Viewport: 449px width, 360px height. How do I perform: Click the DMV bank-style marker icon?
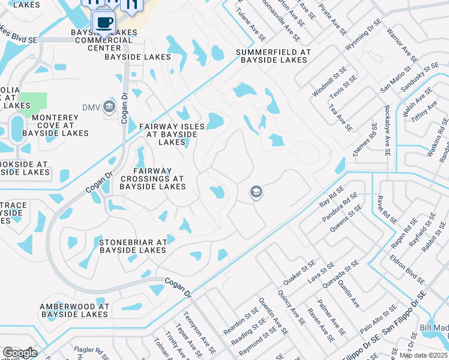109,107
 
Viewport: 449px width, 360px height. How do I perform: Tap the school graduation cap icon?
256,192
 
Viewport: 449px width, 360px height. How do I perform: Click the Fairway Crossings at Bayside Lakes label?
152,179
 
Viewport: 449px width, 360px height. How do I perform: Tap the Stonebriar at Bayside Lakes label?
132,246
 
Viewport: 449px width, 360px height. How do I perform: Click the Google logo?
20,353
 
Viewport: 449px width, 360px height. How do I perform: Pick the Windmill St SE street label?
327,86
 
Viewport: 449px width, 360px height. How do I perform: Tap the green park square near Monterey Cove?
32,104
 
